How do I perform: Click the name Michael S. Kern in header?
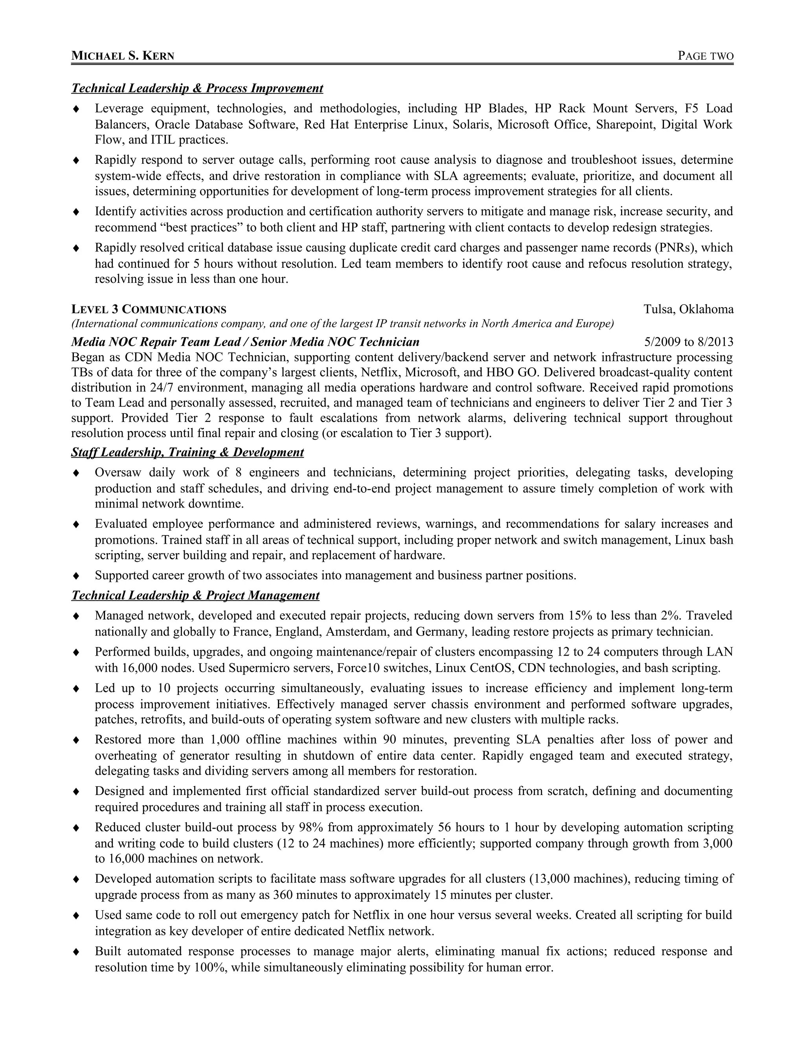click(x=123, y=56)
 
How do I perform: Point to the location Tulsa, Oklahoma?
click(x=688, y=309)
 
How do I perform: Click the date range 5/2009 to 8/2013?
click(x=688, y=342)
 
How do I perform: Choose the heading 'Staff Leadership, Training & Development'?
click(x=187, y=452)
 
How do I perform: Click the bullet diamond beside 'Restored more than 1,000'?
click(x=76, y=740)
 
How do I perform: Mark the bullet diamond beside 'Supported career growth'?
click(x=76, y=576)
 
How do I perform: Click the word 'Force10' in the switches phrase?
click(x=358, y=668)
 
